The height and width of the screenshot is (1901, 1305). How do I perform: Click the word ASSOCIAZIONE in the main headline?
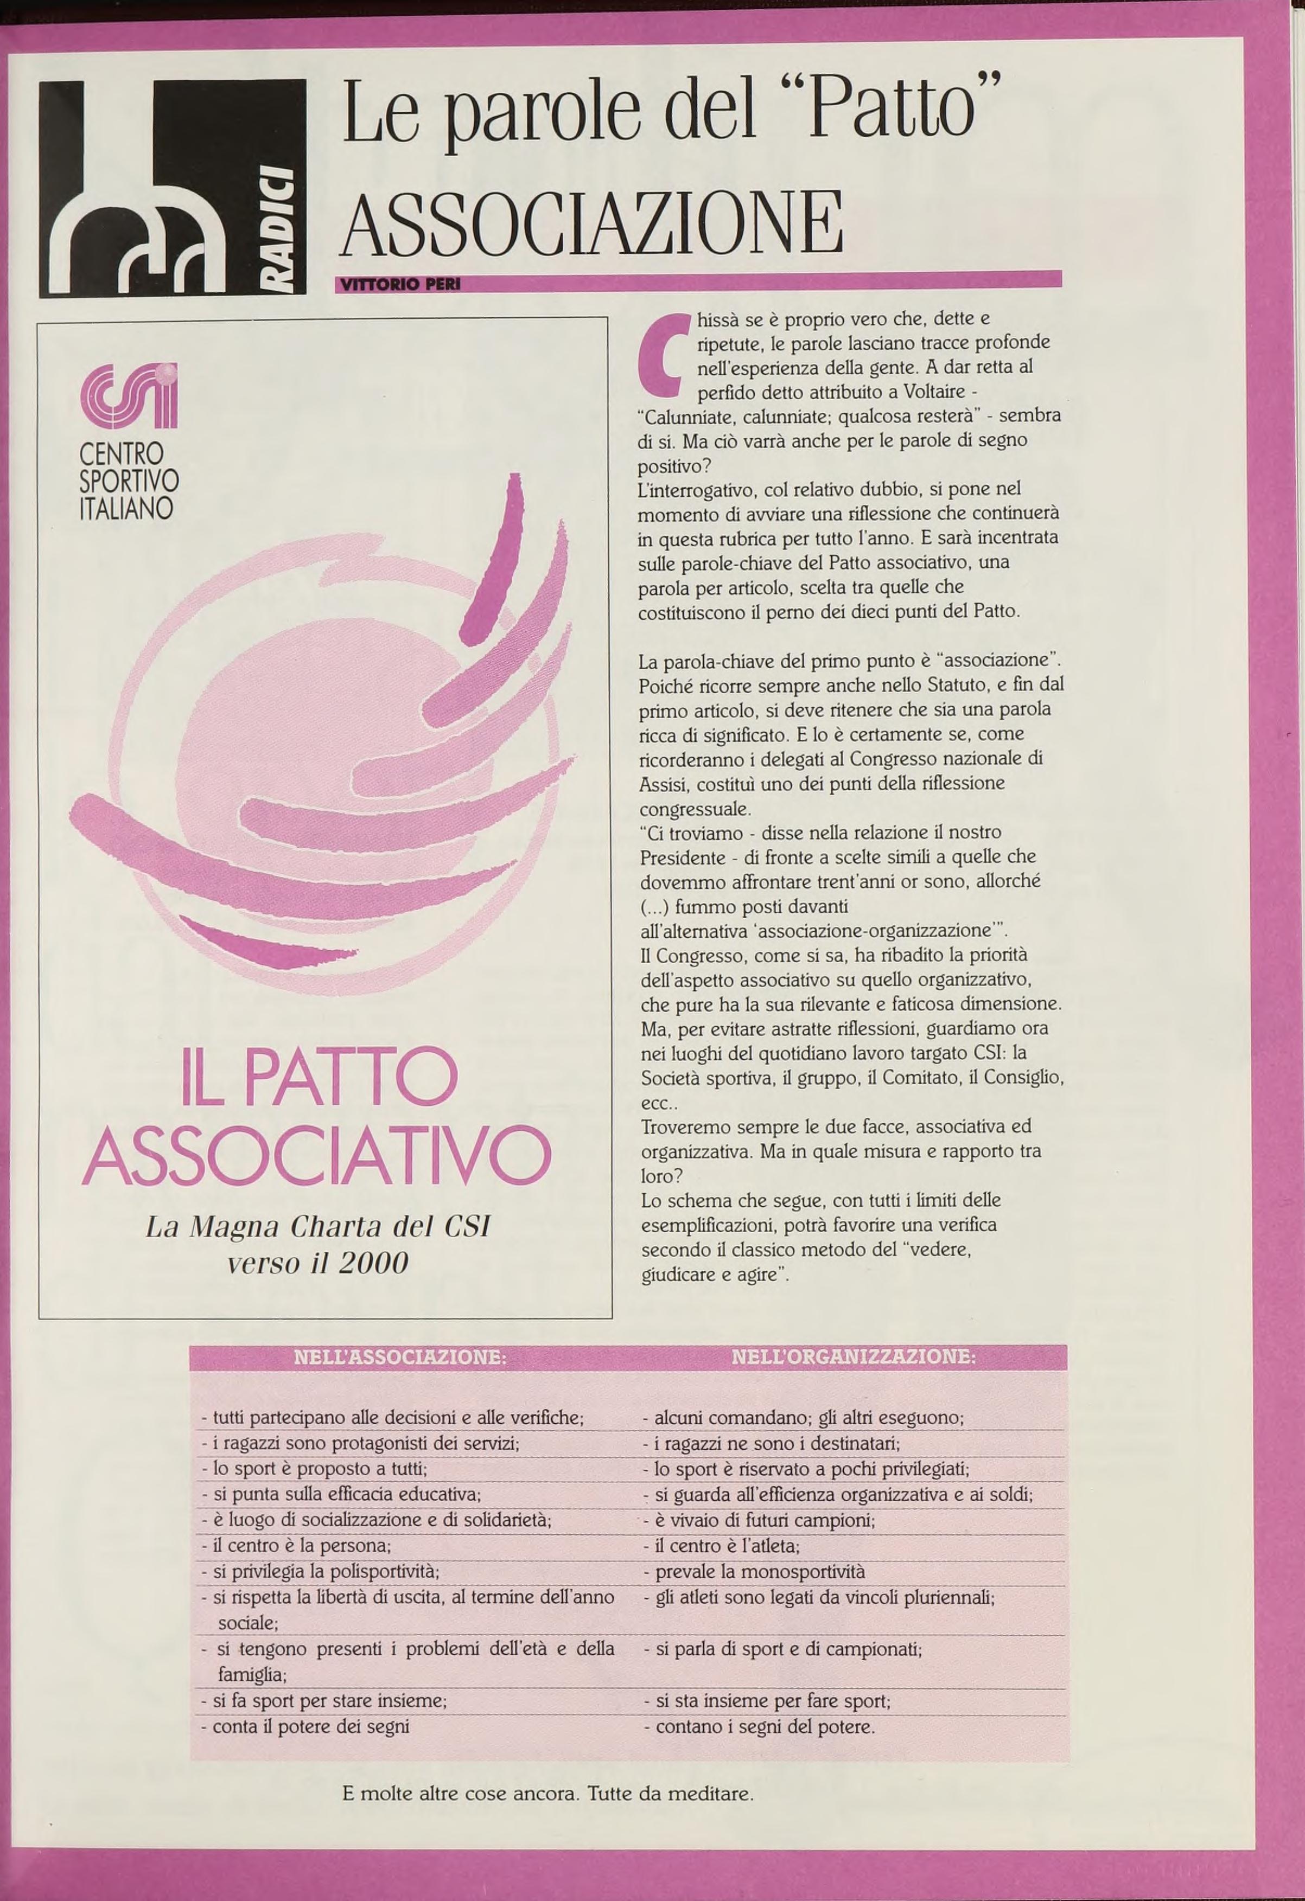[593, 222]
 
